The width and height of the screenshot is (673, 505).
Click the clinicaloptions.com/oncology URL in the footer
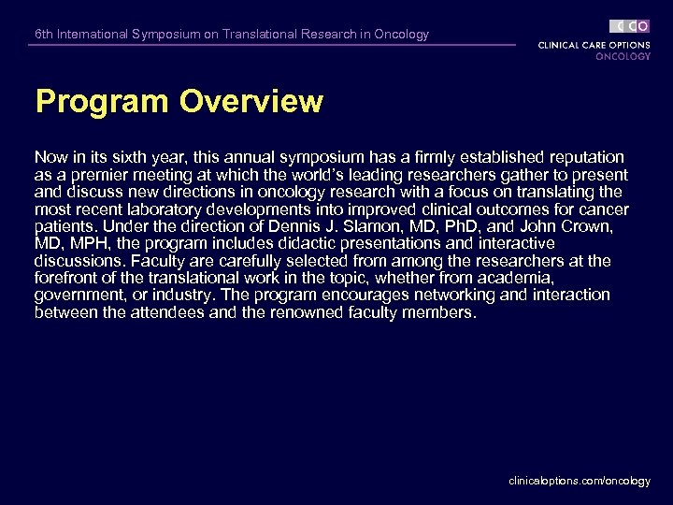[580, 481]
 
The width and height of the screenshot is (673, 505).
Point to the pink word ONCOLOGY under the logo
[623, 56]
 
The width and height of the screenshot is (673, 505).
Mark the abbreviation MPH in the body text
[85, 244]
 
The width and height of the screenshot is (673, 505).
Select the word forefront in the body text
[66, 278]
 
